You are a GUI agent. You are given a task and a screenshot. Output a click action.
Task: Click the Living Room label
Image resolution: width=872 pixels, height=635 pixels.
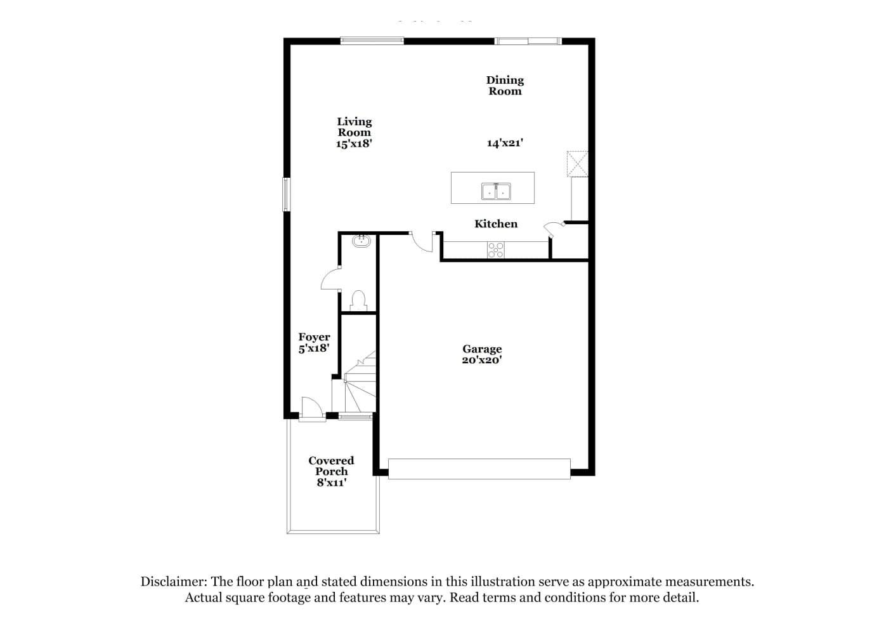355,127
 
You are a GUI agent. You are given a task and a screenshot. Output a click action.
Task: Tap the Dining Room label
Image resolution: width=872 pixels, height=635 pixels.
505,85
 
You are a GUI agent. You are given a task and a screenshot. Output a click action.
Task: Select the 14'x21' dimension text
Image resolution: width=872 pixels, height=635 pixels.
505,143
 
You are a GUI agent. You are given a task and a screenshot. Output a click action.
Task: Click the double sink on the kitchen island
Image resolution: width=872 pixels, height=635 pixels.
496,192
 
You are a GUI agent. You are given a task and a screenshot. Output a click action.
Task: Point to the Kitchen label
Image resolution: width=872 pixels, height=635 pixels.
496,224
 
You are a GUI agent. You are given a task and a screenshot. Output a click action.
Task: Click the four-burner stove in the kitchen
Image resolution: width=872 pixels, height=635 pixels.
495,250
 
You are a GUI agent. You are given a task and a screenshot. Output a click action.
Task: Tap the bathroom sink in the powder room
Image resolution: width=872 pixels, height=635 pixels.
361,241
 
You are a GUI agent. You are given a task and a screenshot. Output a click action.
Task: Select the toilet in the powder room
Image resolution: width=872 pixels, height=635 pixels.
358,300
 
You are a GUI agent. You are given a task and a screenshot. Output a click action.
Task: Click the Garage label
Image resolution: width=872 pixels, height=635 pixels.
482,349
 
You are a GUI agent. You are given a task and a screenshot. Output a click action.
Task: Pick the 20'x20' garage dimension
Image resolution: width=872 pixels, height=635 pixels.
482,360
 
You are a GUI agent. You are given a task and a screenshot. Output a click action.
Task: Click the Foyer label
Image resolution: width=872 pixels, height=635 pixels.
314,337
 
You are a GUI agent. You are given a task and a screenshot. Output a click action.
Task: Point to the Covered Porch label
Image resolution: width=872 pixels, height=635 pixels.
331,466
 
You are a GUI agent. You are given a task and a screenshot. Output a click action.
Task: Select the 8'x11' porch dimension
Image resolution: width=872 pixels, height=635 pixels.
332,483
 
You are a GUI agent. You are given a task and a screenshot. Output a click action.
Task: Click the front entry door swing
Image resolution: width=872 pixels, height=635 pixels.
312,409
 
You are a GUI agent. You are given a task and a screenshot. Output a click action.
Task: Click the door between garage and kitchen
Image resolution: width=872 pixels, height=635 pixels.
422,242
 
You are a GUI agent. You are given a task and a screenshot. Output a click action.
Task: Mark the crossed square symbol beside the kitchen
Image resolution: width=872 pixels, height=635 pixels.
577,164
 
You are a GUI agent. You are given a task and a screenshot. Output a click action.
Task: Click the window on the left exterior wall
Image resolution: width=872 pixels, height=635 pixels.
286,194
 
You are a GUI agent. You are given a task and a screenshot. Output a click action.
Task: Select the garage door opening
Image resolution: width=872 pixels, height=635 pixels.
479,469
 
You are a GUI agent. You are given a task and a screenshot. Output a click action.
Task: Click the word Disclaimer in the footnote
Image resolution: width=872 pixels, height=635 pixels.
174,582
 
